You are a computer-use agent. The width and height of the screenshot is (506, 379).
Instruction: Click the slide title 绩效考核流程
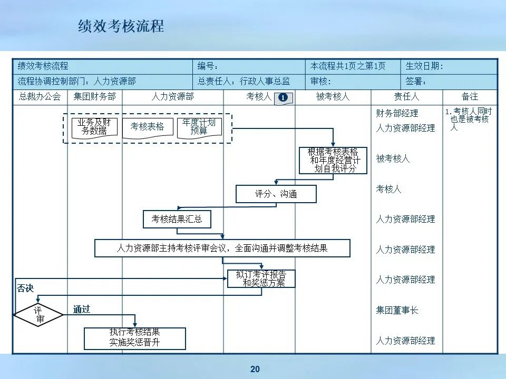click(x=121, y=26)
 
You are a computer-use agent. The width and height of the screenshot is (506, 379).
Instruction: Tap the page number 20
click(x=255, y=369)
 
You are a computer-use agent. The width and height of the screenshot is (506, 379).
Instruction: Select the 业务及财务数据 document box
click(x=94, y=127)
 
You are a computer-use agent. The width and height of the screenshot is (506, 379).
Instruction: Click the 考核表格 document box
click(x=148, y=127)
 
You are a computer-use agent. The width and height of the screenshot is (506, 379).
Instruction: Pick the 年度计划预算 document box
click(x=199, y=127)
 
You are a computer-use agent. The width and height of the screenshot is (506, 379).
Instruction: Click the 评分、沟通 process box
click(x=276, y=194)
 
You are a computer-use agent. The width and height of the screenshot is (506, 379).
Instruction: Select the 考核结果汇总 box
click(x=177, y=219)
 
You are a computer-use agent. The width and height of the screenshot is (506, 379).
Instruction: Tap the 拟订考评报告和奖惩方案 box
click(x=261, y=278)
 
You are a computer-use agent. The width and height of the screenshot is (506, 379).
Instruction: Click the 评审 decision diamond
click(x=39, y=314)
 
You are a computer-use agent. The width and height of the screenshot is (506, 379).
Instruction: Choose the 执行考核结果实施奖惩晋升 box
click(x=135, y=338)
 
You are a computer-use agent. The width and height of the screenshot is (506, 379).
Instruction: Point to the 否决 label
click(x=25, y=288)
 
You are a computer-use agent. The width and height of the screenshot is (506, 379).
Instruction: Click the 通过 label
click(x=82, y=309)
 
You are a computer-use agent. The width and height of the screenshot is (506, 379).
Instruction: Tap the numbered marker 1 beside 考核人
click(x=283, y=97)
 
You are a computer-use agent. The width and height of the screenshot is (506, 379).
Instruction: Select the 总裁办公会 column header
click(x=40, y=97)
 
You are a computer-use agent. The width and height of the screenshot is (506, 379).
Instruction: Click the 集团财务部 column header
click(x=94, y=97)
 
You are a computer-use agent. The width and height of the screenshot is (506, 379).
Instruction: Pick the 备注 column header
click(x=470, y=97)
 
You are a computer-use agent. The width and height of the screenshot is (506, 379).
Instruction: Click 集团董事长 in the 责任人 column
click(x=397, y=310)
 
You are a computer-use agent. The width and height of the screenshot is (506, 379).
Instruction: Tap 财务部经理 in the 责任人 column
click(x=397, y=113)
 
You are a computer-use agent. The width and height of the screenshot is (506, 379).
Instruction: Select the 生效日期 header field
click(x=424, y=66)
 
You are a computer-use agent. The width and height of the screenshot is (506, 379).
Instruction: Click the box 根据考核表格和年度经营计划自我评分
click(x=333, y=160)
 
